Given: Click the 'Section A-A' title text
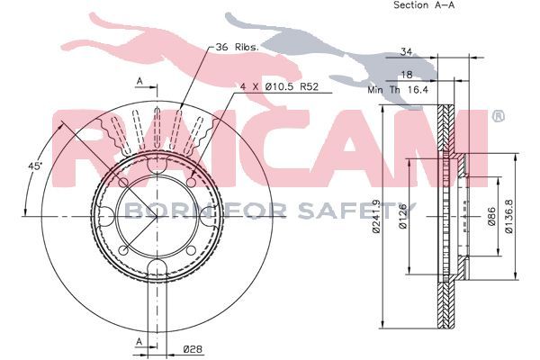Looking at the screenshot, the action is coord(424,5).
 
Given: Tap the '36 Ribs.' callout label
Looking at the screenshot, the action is coord(237,47).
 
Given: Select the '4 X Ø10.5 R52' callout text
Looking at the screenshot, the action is coord(279,86).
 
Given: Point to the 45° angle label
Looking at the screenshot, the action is coord(35,166).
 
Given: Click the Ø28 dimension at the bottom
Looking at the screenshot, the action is coord(193,349).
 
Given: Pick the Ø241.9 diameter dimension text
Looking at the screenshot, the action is coord(376,216).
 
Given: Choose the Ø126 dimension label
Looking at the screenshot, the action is coord(402,216).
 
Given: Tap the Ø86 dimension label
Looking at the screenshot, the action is coord(491,216).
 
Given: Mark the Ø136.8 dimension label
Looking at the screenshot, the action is coord(509,216).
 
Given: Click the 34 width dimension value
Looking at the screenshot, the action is coord(406,52).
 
